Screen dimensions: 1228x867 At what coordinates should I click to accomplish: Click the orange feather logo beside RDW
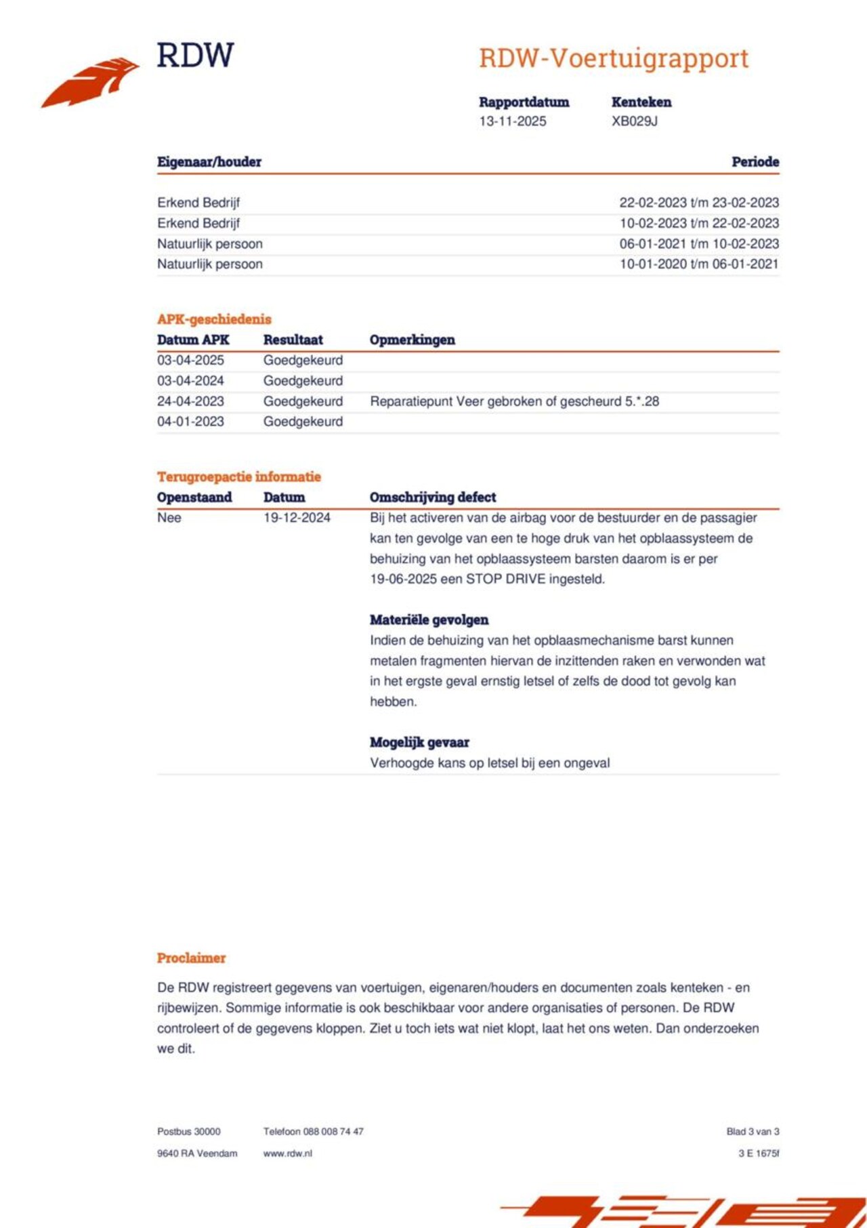pyautogui.click(x=91, y=82)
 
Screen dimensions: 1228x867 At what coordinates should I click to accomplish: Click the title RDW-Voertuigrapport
pyautogui.click(x=613, y=58)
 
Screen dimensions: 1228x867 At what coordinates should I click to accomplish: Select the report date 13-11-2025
pyautogui.click(x=512, y=121)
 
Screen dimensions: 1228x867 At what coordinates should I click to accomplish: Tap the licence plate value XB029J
pyautogui.click(x=634, y=121)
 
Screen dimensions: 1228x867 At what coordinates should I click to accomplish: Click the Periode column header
pyautogui.click(x=755, y=162)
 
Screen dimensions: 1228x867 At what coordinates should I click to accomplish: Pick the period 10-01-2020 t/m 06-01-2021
pyautogui.click(x=698, y=264)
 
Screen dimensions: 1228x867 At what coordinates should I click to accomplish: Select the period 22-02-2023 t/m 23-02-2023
pyautogui.click(x=698, y=203)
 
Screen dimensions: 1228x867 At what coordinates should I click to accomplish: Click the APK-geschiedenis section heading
pyautogui.click(x=214, y=319)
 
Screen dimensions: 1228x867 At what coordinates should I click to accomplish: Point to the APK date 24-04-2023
pyautogui.click(x=190, y=401)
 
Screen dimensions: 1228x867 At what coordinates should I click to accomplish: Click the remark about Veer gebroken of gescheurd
pyautogui.click(x=514, y=401)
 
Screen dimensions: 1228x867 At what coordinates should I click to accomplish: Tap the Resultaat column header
pyautogui.click(x=293, y=340)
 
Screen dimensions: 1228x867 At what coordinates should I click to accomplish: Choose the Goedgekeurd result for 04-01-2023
pyautogui.click(x=303, y=422)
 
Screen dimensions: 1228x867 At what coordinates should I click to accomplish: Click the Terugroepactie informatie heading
pyautogui.click(x=238, y=476)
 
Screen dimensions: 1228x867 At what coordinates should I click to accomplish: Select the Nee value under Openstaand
pyautogui.click(x=169, y=518)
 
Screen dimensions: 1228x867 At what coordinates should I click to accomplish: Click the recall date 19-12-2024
pyautogui.click(x=297, y=518)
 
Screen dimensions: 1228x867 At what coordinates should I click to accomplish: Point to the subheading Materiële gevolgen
pyautogui.click(x=429, y=619)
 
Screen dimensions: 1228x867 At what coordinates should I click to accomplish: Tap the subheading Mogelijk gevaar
pyautogui.click(x=419, y=742)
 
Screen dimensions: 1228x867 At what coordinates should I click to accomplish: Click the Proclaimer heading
pyautogui.click(x=191, y=958)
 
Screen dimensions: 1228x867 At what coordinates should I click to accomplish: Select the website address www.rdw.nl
pyautogui.click(x=287, y=1153)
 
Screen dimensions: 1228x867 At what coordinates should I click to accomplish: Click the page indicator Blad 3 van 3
pyautogui.click(x=753, y=1132)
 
